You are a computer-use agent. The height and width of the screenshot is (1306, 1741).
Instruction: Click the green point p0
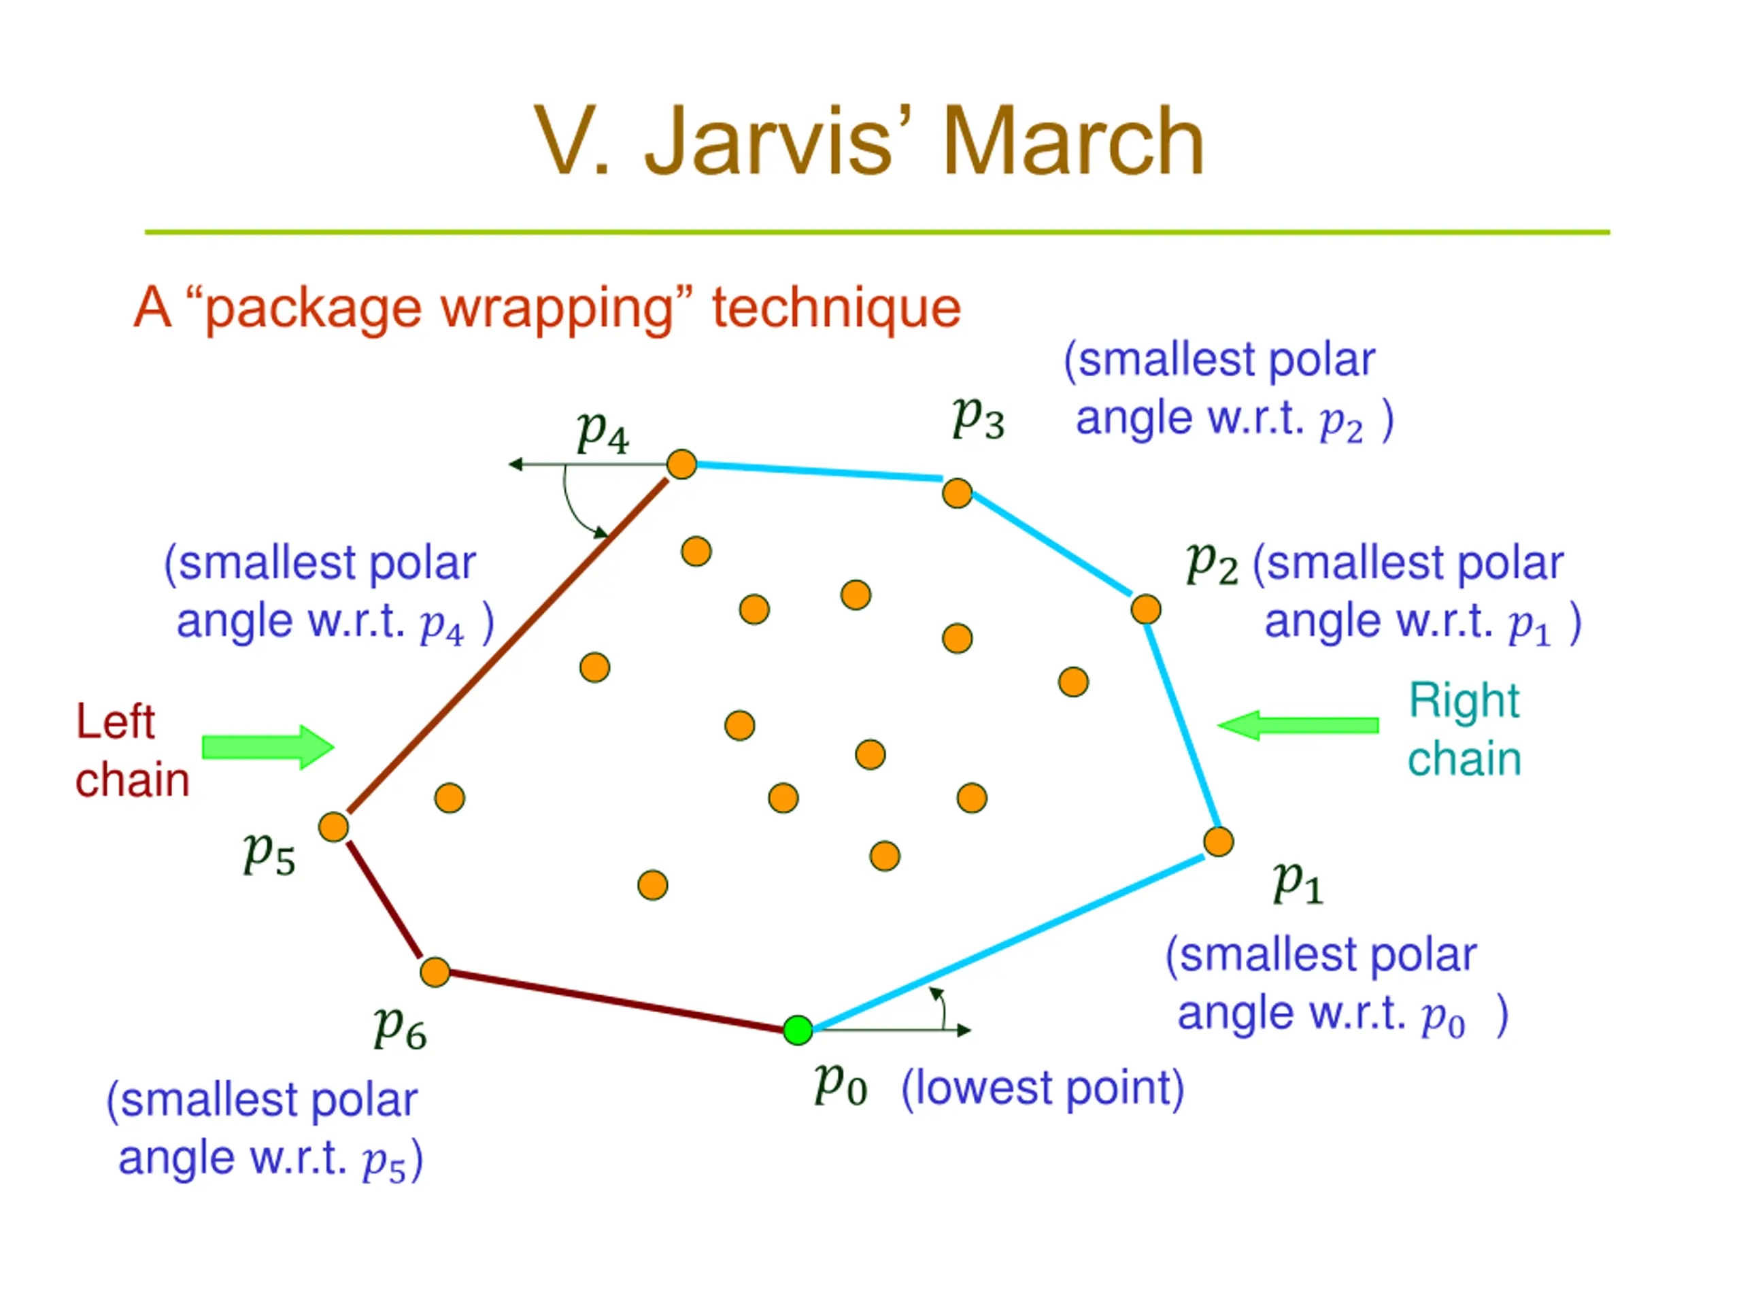click(798, 1030)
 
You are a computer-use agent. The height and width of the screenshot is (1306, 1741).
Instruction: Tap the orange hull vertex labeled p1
click(1219, 841)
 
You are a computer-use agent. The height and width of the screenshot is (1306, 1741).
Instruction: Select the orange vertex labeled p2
click(1145, 609)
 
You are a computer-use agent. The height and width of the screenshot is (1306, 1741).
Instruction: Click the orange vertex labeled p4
click(681, 465)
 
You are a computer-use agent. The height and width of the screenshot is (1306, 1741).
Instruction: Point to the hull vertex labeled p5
click(334, 826)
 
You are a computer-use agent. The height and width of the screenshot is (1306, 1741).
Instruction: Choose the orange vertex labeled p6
click(435, 972)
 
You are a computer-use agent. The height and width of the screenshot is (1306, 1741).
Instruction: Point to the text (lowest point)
click(1043, 1090)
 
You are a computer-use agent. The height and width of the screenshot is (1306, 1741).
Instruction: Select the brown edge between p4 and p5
click(507, 646)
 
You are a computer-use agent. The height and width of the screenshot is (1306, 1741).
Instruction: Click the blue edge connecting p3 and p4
click(819, 471)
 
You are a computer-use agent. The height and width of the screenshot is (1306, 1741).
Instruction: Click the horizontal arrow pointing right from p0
click(892, 1030)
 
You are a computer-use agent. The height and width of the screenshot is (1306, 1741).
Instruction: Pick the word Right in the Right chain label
click(1464, 701)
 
